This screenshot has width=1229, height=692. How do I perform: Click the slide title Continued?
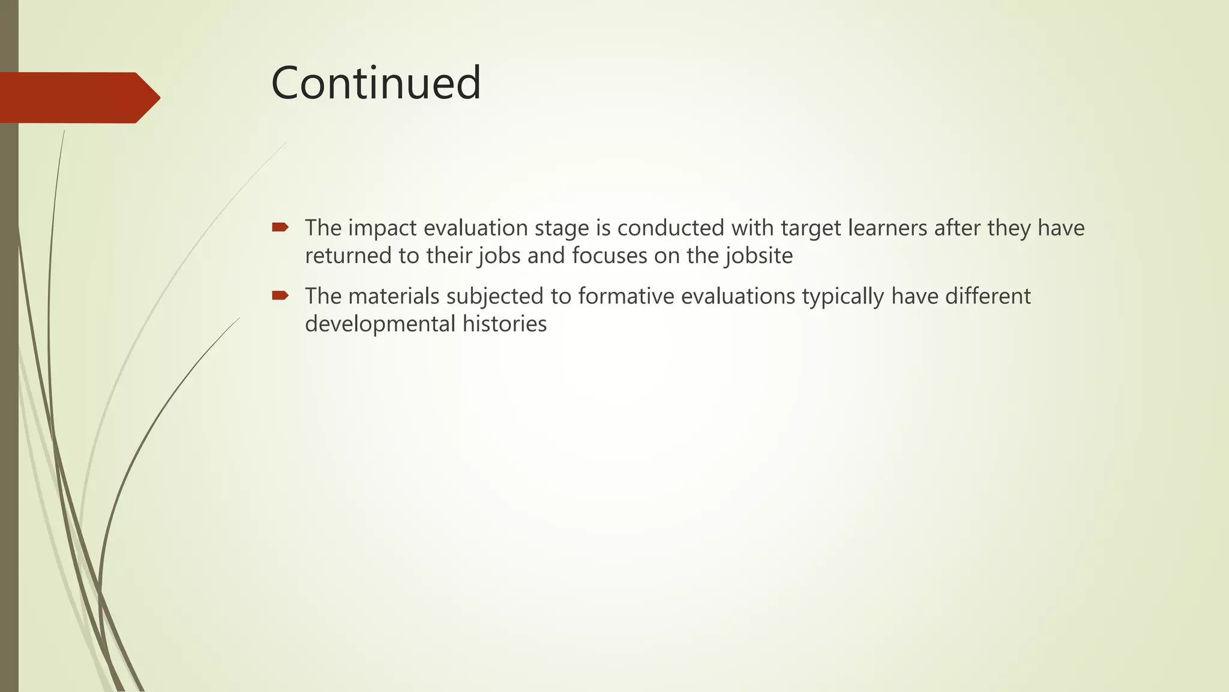(376, 83)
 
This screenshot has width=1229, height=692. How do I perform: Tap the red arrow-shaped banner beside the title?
(78, 98)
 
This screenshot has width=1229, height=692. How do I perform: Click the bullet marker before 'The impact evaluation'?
(280, 227)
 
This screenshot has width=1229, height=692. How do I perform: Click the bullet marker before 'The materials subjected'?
(280, 295)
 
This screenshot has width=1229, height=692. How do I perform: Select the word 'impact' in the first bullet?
(382, 229)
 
